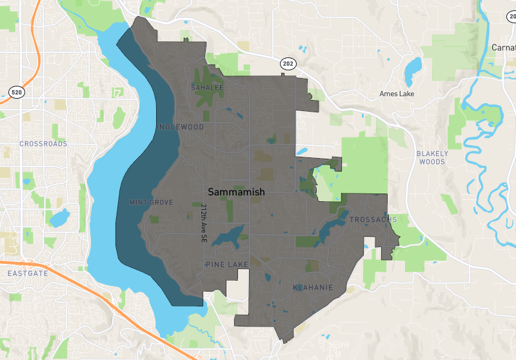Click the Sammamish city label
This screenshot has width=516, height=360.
(236, 192)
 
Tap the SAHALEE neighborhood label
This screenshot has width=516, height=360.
(207, 87)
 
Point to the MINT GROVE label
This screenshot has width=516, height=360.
(151, 203)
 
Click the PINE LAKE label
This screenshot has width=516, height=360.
(226, 265)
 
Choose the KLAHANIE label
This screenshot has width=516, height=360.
(313, 286)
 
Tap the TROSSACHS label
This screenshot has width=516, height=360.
(373, 220)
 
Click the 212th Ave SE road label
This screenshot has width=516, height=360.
(203, 223)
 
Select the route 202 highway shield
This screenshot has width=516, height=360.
(287, 63)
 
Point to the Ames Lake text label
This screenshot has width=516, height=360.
(397, 94)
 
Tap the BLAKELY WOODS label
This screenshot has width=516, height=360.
(432, 157)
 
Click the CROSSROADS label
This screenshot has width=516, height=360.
(43, 144)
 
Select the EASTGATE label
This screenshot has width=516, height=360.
(24, 274)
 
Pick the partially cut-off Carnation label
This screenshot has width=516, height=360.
(503, 48)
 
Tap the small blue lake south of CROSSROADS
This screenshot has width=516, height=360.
(59, 219)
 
